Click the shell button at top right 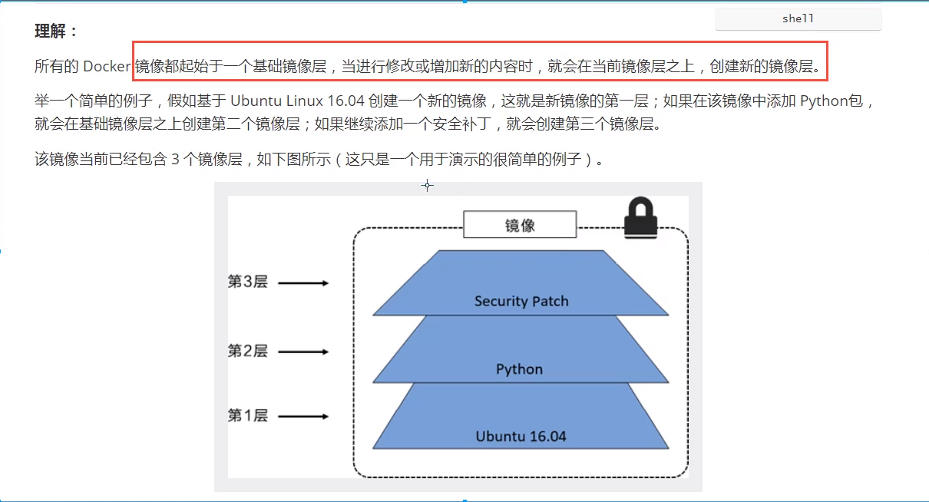coord(798,19)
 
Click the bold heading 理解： coord(57,31)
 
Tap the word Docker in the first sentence coord(107,67)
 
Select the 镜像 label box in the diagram coord(520,226)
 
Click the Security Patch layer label coord(521,301)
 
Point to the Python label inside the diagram coord(519,369)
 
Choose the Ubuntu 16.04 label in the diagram coord(521,437)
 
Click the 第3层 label coord(247,282)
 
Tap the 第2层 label coord(247,351)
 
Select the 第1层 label coord(247,416)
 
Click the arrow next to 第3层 coord(303,283)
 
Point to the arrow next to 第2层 coord(303,352)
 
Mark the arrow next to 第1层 coord(303,417)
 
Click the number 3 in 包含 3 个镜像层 coord(174,160)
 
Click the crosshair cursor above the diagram coord(428,185)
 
